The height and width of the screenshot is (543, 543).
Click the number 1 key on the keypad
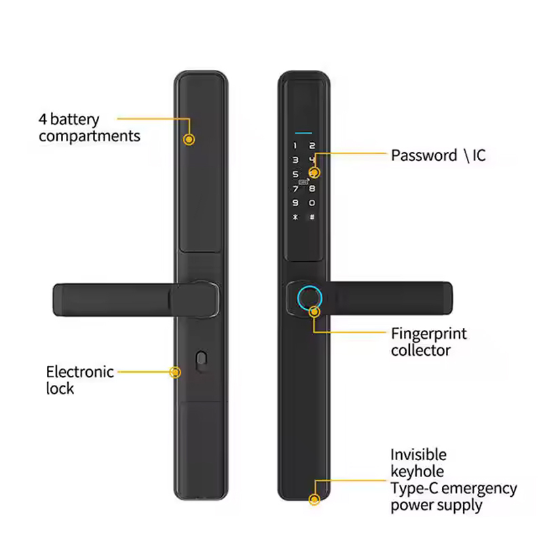tap(295, 145)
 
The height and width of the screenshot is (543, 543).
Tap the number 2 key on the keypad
tap(312, 145)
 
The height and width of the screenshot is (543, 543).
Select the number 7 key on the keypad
tap(295, 189)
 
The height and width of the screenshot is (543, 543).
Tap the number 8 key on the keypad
tap(312, 189)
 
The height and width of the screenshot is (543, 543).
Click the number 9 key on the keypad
tap(295, 202)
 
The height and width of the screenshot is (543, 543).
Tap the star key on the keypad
tap(295, 217)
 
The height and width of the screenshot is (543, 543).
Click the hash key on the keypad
tap(312, 217)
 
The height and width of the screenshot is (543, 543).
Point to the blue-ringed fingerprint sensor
tap(310, 299)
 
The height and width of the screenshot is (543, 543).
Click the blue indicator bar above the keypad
tap(303, 132)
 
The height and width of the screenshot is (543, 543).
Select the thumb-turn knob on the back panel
tap(201, 361)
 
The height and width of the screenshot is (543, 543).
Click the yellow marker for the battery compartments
tap(189, 139)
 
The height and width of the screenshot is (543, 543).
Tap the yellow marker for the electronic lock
tap(175, 372)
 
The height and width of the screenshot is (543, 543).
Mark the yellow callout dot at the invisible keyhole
tap(314, 500)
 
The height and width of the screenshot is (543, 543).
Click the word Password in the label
tap(424, 155)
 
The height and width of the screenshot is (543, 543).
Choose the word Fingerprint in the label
tap(429, 334)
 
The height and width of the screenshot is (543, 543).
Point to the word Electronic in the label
tap(79, 372)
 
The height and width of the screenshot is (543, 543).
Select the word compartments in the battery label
tap(90, 136)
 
